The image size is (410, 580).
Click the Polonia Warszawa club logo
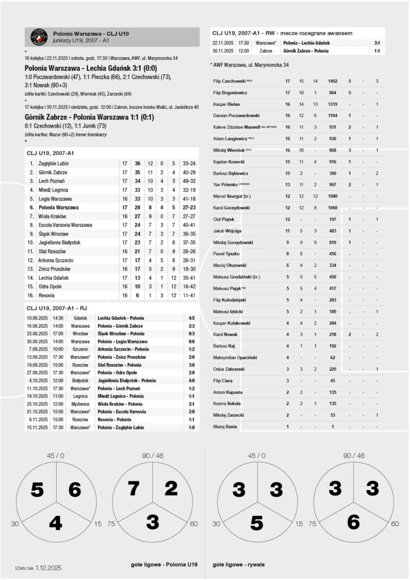click(x=39, y=37)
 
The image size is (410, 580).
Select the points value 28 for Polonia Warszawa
click(x=137, y=208)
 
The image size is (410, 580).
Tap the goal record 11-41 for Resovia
click(x=190, y=296)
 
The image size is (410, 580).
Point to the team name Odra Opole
click(x=50, y=287)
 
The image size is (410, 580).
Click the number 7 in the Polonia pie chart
click(x=134, y=489)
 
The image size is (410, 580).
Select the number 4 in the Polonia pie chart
click(x=55, y=523)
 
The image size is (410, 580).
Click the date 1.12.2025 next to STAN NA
click(x=48, y=567)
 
